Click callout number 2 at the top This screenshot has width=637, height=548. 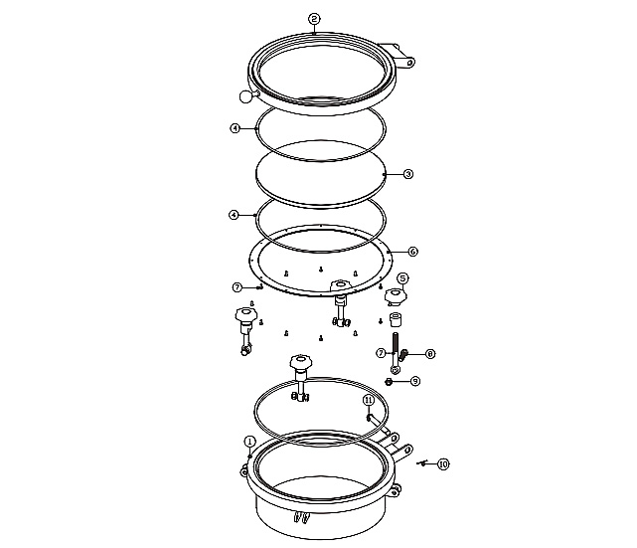pyautogui.click(x=314, y=19)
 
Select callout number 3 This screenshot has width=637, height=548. pyautogui.click(x=408, y=174)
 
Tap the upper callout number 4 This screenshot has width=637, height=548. pyautogui.click(x=236, y=128)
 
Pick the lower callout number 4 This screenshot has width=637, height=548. pyautogui.click(x=234, y=215)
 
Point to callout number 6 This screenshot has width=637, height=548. pyautogui.click(x=412, y=252)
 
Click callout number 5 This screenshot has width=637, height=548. pyautogui.click(x=402, y=278)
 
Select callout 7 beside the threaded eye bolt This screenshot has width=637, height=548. pyautogui.click(x=381, y=353)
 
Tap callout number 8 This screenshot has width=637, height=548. pyautogui.click(x=430, y=354)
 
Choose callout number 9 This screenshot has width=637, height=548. pyautogui.click(x=415, y=381)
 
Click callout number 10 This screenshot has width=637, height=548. pyautogui.click(x=443, y=463)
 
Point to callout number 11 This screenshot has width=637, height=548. pyautogui.click(x=368, y=401)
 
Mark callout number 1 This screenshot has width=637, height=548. pyautogui.click(x=249, y=442)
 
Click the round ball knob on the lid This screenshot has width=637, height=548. pyautogui.click(x=245, y=96)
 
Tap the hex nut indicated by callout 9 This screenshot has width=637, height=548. pyautogui.click(x=388, y=381)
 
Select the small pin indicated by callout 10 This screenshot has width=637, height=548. pyautogui.click(x=422, y=462)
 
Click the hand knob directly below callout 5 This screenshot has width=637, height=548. pyautogui.click(x=396, y=296)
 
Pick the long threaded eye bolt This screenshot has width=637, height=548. pyautogui.click(x=395, y=352)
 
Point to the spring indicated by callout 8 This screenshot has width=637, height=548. pyautogui.click(x=403, y=355)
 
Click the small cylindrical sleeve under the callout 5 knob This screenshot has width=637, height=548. pyautogui.click(x=395, y=319)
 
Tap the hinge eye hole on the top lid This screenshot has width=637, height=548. pyautogui.click(x=410, y=63)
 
